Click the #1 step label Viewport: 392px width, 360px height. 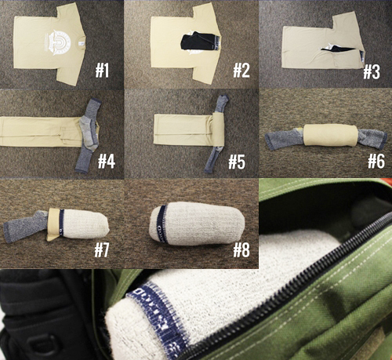coord(102,71)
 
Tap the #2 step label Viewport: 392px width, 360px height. coord(241,71)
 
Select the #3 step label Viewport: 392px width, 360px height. coord(372,72)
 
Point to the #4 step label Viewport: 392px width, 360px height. coord(107,162)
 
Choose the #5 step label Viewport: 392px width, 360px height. coord(237,162)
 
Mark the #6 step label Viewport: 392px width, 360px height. coord(376,161)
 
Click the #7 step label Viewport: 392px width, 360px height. coord(101,249)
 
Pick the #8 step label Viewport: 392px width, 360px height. coord(241,249)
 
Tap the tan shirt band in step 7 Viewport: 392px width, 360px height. coord(54,224)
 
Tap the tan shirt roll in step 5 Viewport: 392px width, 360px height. coord(219,129)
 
